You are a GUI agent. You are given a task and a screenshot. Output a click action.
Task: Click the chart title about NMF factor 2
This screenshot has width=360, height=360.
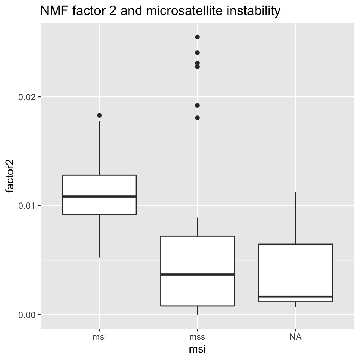point(160,11)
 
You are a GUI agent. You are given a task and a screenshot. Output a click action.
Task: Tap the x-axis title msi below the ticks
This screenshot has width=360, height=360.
point(197,349)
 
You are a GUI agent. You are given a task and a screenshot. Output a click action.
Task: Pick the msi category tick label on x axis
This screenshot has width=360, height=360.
point(99,337)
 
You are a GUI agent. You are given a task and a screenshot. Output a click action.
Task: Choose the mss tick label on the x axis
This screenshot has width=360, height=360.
point(198,337)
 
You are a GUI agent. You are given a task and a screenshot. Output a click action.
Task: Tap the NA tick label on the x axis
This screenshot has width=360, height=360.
point(295,337)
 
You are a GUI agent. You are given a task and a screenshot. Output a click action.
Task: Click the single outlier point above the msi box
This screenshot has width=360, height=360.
point(99,115)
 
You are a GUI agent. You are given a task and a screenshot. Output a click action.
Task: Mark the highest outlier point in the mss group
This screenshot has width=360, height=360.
point(198,37)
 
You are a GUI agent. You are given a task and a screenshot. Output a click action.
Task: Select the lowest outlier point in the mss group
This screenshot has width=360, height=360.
point(198,118)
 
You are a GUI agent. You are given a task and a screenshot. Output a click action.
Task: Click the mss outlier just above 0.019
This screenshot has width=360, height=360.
point(198,105)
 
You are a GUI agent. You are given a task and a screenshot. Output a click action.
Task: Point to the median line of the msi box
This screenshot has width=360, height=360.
point(99,196)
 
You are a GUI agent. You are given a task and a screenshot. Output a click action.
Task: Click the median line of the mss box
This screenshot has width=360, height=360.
point(198,274)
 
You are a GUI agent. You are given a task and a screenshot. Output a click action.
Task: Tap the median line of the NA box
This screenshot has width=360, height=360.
point(295,296)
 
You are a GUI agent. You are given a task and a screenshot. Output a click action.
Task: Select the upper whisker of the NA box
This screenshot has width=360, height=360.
point(295,217)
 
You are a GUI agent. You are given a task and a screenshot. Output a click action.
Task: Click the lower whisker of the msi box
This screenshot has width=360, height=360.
point(99,236)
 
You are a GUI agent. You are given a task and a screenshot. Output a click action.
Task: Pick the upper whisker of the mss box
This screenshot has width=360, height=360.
point(198,227)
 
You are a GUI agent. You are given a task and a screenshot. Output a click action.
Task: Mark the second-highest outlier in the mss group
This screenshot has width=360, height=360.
point(198,52)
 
